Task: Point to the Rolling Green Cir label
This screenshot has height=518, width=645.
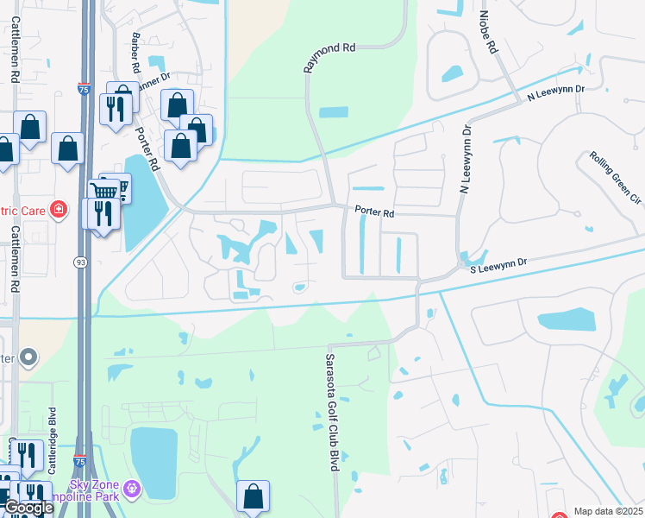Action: (x=616, y=179)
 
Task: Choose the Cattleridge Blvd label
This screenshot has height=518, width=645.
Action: (x=53, y=439)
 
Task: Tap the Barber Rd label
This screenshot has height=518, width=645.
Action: (x=136, y=53)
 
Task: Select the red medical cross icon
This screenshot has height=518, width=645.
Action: (x=59, y=210)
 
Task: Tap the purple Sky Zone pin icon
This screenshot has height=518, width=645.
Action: (x=131, y=490)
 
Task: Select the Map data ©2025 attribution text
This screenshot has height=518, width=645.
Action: (x=608, y=511)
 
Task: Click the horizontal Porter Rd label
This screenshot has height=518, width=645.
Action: (x=374, y=212)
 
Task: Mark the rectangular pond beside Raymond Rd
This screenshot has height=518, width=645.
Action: (x=334, y=112)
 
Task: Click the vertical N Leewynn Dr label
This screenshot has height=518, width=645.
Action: (x=466, y=160)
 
